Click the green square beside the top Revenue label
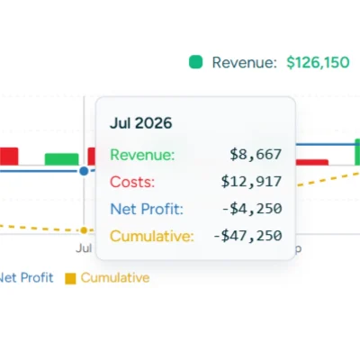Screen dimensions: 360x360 pos(195,62)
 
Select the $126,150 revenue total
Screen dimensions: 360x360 pos(318,62)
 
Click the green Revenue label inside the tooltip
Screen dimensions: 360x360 pos(142,155)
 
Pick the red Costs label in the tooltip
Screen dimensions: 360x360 pos(132,182)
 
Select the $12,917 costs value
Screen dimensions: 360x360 pos(252,182)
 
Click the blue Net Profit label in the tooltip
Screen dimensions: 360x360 pos(146,209)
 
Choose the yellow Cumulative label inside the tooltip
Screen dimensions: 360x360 pos(151,236)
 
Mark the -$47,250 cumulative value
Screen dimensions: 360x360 pos(247,236)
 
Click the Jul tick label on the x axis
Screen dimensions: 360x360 pos(84,247)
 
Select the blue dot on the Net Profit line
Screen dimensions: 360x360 pos(84,169)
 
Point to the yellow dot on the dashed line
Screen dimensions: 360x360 pos(84,230)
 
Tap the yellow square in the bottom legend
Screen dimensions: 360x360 pos(71,278)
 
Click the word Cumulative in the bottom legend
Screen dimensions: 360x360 pos(115,278)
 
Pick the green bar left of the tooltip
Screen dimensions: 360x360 pos(61,159)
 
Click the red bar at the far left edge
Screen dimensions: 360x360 pos(9,157)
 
